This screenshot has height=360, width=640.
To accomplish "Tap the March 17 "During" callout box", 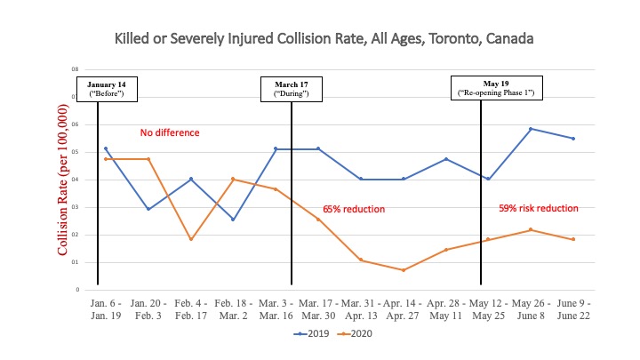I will click(x=292, y=89).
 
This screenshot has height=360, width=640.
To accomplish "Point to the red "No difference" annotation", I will click(x=167, y=133).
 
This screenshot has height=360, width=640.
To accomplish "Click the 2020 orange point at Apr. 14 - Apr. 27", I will click(x=404, y=270).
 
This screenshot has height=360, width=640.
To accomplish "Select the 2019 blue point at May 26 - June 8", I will click(x=531, y=129).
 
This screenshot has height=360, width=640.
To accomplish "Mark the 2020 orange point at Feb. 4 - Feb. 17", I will click(x=191, y=239).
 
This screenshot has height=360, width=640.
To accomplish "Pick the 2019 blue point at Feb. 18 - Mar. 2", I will click(x=233, y=220).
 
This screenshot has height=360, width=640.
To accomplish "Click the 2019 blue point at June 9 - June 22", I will click(x=573, y=139).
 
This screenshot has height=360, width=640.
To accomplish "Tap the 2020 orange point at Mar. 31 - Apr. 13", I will click(x=361, y=260).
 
